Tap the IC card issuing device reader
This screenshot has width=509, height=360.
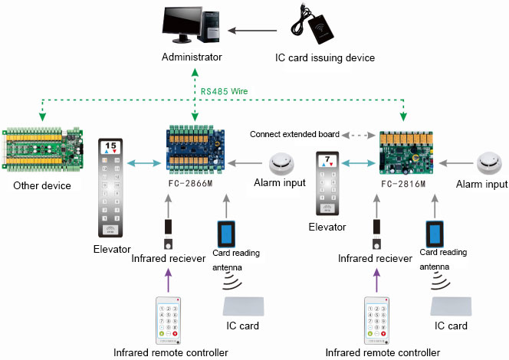click(x=326, y=28)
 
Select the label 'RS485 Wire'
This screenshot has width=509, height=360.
click(x=224, y=90)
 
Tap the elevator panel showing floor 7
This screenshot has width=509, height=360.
click(x=327, y=183)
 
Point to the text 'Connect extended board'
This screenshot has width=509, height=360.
click(x=294, y=134)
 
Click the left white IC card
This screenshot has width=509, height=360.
click(x=245, y=306)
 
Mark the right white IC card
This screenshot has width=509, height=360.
click(x=454, y=306)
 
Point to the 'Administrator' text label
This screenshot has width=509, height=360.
click(x=192, y=57)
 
